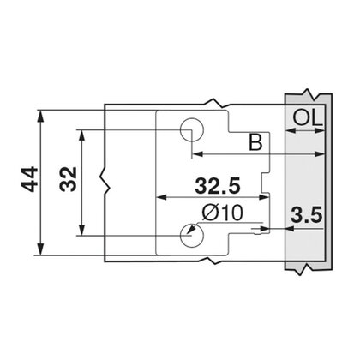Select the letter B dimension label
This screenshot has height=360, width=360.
255,143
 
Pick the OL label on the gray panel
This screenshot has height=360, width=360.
306,117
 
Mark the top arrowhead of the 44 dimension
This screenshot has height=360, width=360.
39,111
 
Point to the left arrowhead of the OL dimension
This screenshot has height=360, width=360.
290,131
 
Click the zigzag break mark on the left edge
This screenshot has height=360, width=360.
105,183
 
